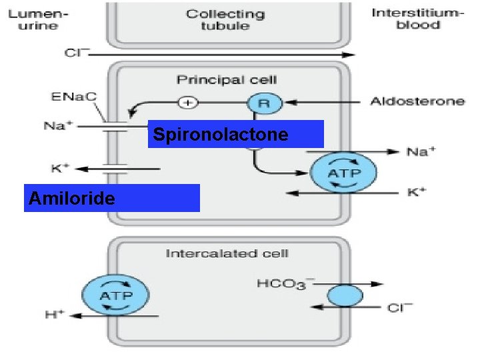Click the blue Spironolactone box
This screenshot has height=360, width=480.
(235, 134)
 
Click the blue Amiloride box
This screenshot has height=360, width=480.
(111, 198)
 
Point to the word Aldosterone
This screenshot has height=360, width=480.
(417, 102)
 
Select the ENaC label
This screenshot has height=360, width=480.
(73, 97)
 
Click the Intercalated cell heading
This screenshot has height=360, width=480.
(227, 253)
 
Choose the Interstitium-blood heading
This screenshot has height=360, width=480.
(414, 19)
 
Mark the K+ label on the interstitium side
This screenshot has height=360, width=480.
(418, 193)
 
